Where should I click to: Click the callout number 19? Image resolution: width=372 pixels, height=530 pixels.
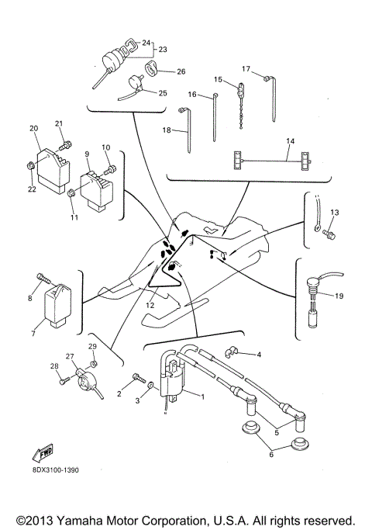coord(338,296)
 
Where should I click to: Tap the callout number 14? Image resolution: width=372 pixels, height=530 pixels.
coord(291,140)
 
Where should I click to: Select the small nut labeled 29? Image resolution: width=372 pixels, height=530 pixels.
coord(92,365)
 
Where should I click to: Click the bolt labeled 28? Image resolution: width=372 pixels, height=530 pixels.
coord(62,381)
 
